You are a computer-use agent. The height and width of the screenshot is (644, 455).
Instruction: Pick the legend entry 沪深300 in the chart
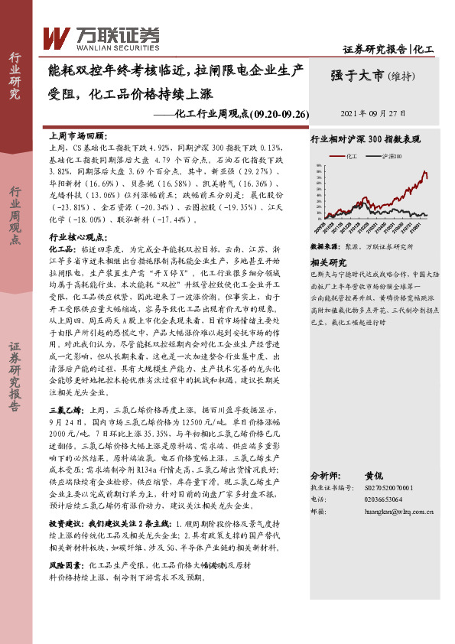point(391,155)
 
